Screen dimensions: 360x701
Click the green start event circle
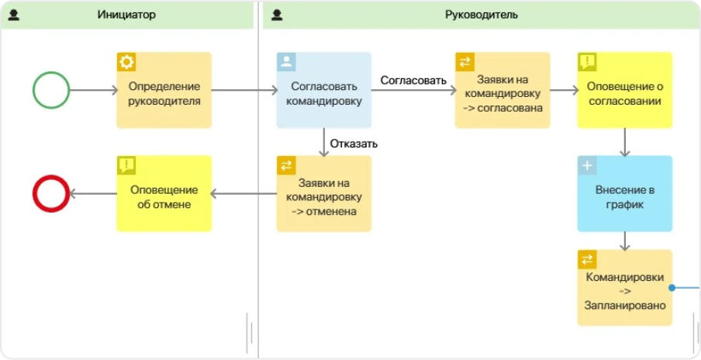click(51, 90)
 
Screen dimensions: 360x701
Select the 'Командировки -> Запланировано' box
click(623, 292)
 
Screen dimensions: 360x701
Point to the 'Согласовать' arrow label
click(413, 80)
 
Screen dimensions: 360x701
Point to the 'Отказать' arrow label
click(354, 144)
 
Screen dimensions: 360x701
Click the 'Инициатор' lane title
click(128, 15)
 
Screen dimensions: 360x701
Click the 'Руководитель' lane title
click(482, 15)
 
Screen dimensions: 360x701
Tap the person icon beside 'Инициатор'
click(14, 15)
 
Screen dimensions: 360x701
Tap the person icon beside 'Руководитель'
click(277, 15)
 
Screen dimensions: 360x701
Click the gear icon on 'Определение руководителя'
click(126, 62)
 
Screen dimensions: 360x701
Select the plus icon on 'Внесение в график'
click(587, 165)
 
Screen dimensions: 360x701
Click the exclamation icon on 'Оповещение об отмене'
click(126, 165)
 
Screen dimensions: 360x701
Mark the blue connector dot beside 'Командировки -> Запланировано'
click(673, 287)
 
